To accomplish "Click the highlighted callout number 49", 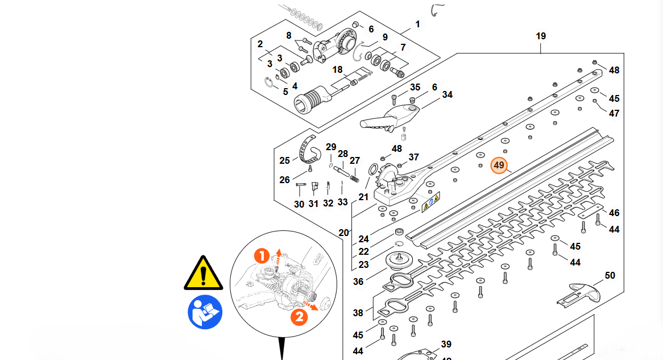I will tap(499, 165).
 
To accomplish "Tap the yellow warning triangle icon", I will tap(203, 273).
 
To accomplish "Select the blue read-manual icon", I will tap(205, 312).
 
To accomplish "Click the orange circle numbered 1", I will tap(262, 256).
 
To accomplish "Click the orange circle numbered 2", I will tap(299, 316).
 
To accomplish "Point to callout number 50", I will tap(610, 276).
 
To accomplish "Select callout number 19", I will tap(541, 36).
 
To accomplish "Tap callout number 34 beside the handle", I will tap(447, 94).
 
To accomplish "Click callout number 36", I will tap(358, 282).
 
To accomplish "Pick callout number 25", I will tap(285, 160).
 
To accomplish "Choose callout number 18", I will tap(338, 69).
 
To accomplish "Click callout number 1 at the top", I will tap(418, 24).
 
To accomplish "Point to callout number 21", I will tap(364, 197).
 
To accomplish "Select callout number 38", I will tap(358, 313).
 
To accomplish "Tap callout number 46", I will tap(614, 213).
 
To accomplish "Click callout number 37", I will tap(413, 157).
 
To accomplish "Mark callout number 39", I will tap(446, 344).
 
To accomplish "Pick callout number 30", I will tap(299, 204).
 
